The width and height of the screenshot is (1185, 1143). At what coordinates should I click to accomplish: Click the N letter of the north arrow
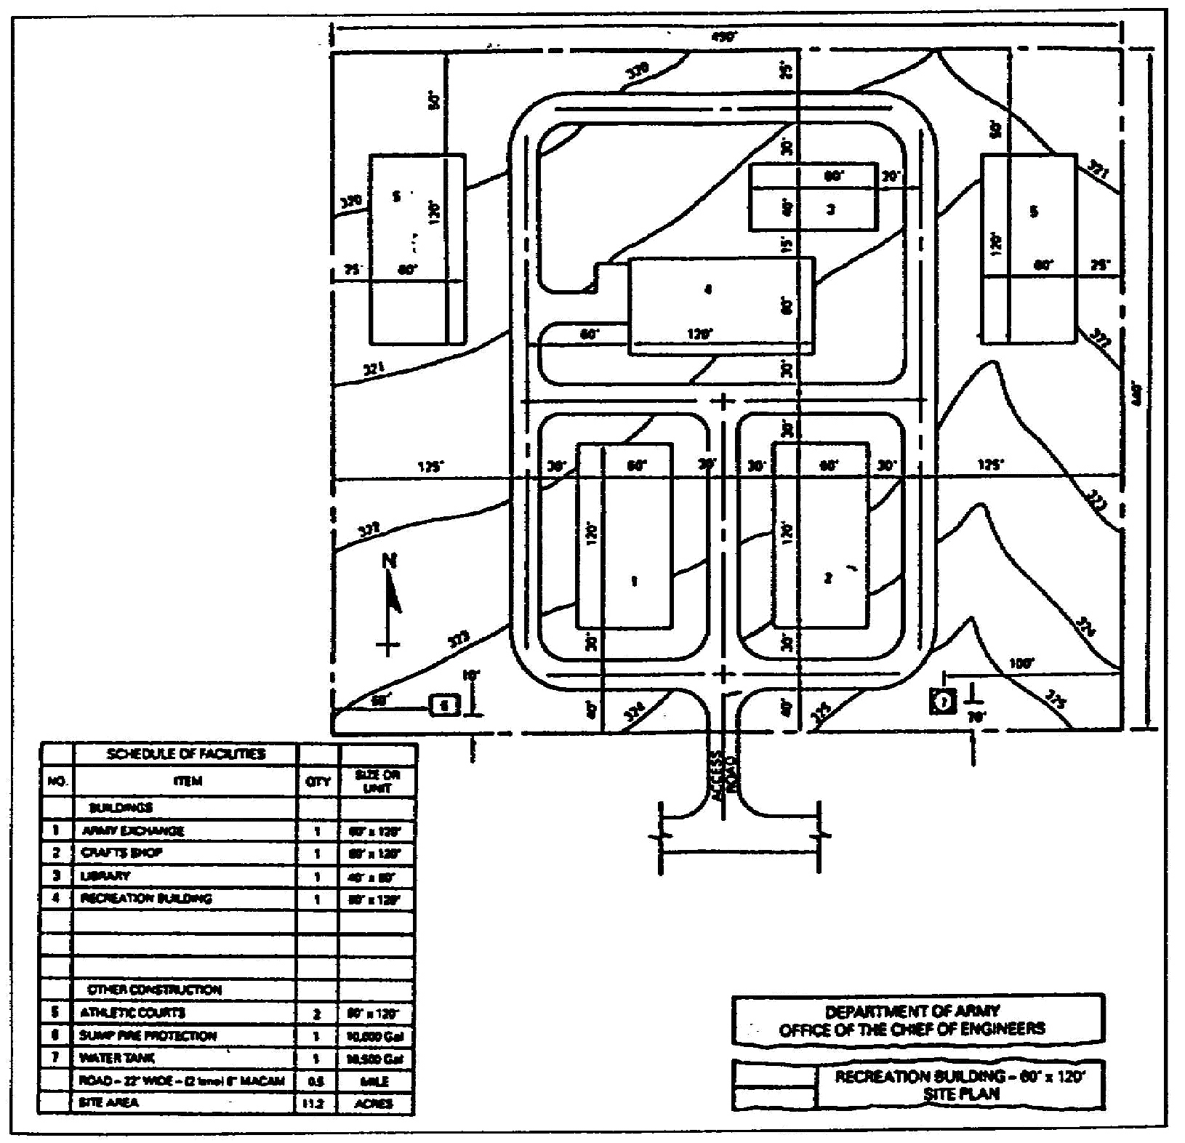pos(390,561)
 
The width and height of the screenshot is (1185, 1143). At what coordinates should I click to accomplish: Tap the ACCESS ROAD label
pos(724,775)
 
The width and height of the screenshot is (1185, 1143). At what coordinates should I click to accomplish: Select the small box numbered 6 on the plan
pos(445,705)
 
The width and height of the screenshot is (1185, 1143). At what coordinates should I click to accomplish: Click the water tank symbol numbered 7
pos(943,702)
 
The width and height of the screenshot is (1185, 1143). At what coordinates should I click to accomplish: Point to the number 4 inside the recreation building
pos(708,289)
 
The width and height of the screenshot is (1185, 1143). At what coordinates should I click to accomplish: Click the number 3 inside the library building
pos(830,209)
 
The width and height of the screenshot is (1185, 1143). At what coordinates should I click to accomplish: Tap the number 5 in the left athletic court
pos(396,196)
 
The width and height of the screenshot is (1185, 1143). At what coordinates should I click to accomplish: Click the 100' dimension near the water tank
pos(1021,663)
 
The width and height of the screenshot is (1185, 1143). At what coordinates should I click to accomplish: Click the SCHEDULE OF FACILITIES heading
pos(186,754)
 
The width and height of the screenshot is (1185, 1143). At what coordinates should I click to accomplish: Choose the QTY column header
pos(318,782)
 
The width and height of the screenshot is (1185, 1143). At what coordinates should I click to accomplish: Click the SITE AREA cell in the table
pos(108,1102)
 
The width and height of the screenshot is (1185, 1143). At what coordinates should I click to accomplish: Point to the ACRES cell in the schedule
pos(376,1103)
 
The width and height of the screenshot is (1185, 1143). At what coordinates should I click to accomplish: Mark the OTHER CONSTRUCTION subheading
pos(154,990)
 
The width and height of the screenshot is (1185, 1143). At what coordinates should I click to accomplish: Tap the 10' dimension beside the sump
pos(471,675)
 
